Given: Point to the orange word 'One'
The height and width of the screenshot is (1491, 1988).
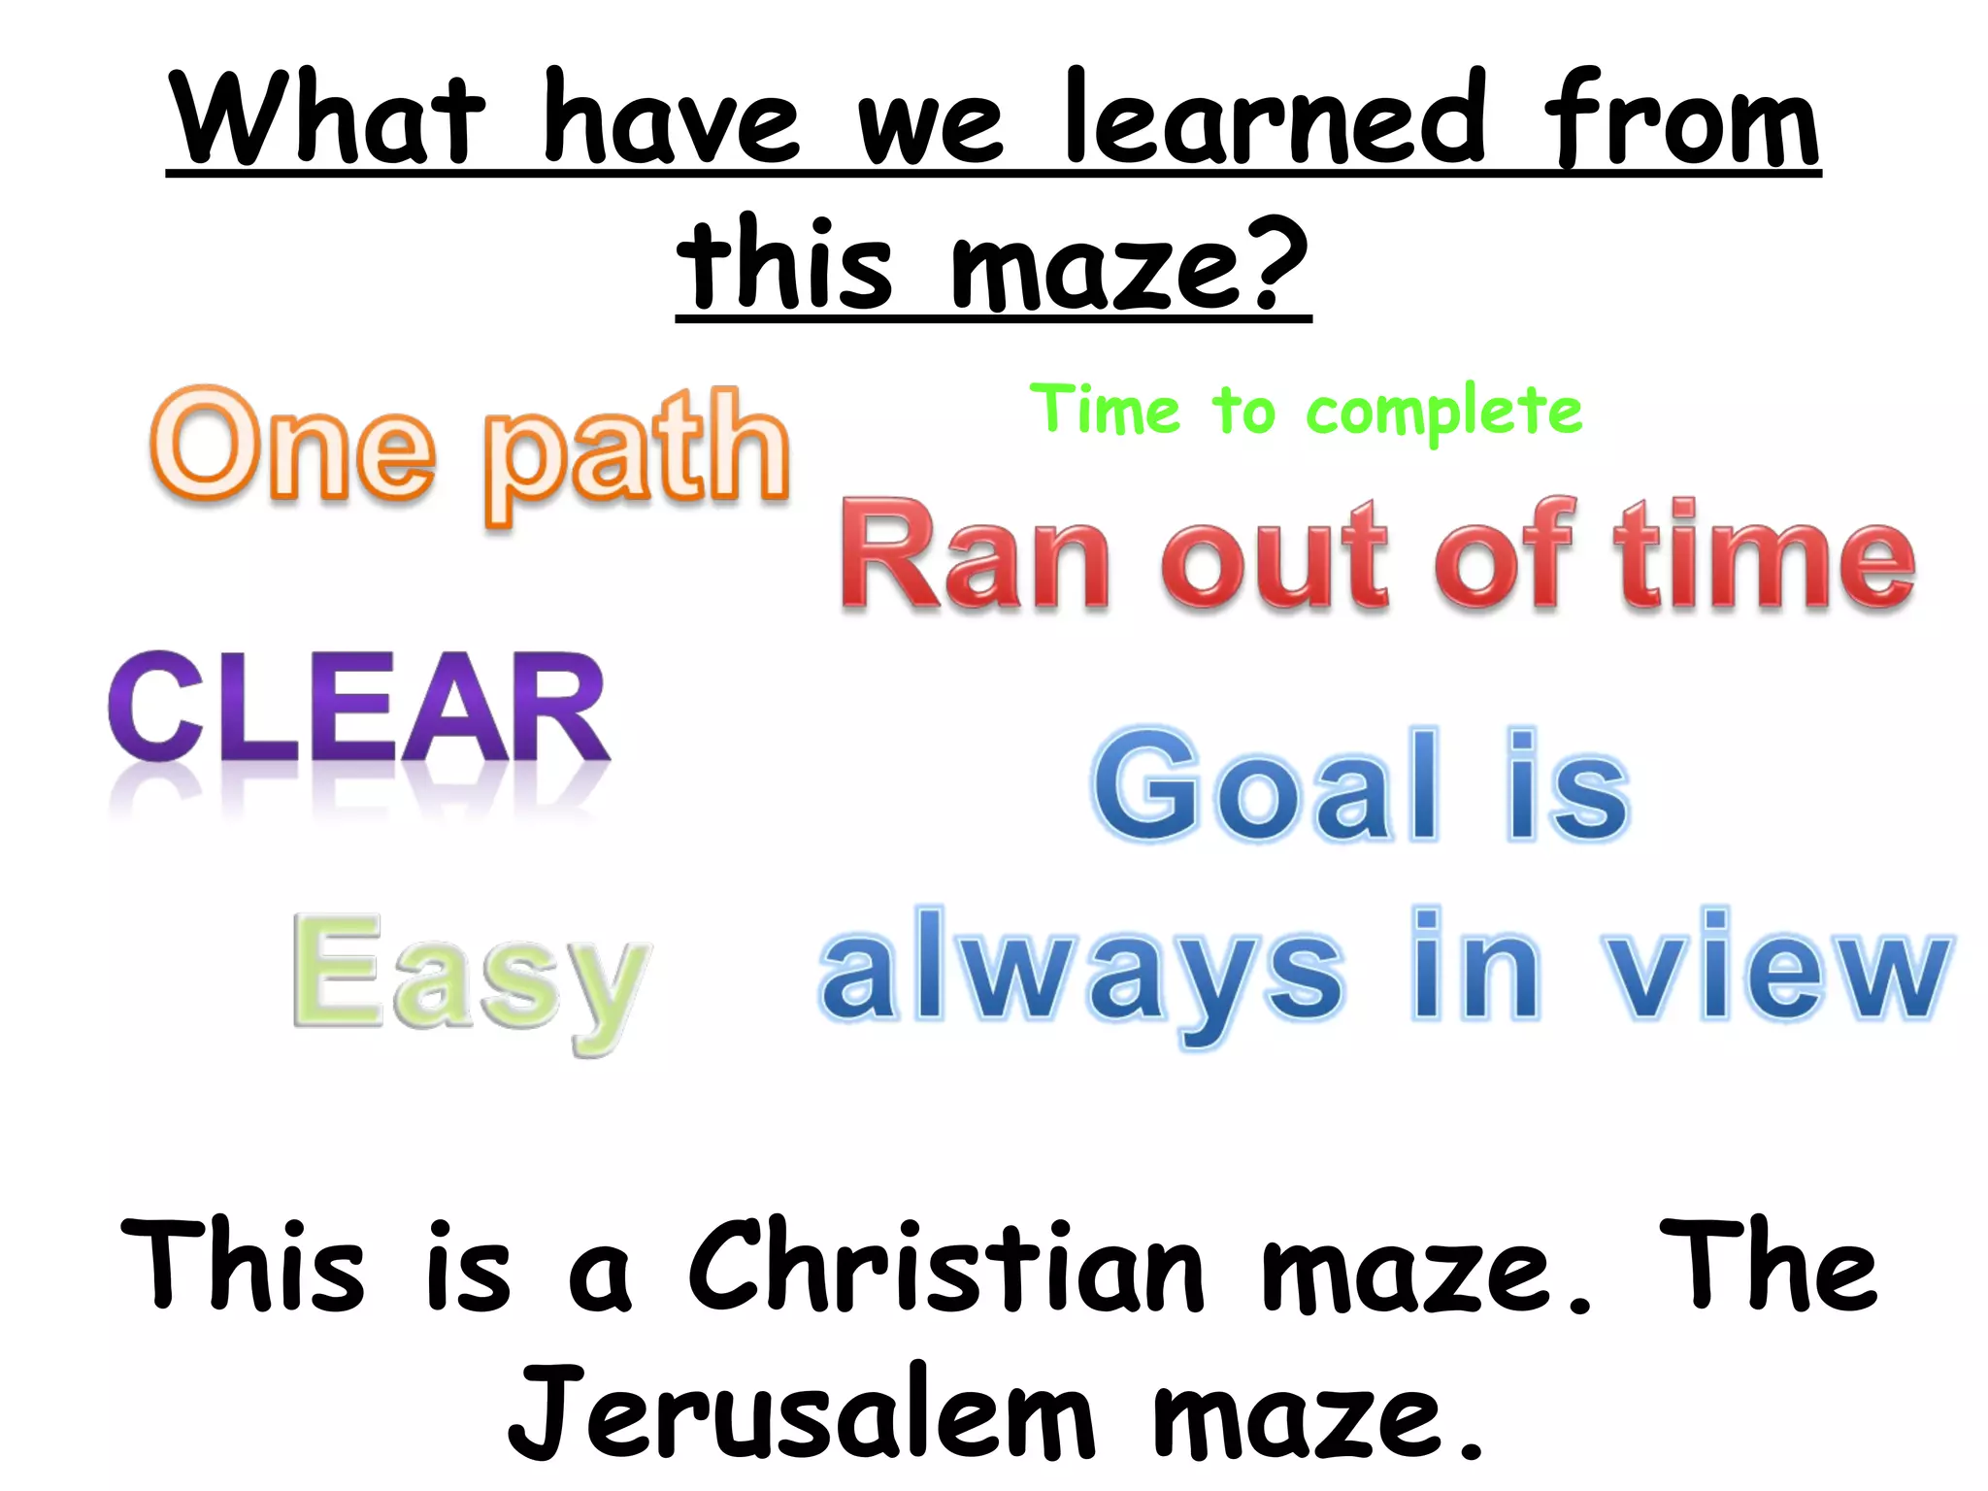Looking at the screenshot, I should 292,447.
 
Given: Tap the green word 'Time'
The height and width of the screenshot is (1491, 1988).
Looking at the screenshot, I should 1106,409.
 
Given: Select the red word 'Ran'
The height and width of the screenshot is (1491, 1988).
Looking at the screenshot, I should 975,556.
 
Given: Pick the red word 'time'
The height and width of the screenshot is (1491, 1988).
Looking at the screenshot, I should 1764,556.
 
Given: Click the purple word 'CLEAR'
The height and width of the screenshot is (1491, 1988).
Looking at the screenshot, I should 358,708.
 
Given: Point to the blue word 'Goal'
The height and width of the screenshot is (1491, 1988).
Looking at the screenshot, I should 1266,785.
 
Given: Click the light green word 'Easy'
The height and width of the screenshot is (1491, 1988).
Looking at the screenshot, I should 471,976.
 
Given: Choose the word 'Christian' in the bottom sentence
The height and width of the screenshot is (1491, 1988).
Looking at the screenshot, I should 946,1268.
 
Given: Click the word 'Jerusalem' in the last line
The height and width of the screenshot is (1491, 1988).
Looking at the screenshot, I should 801,1412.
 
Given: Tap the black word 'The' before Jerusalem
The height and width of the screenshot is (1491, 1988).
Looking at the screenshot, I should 1767,1266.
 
